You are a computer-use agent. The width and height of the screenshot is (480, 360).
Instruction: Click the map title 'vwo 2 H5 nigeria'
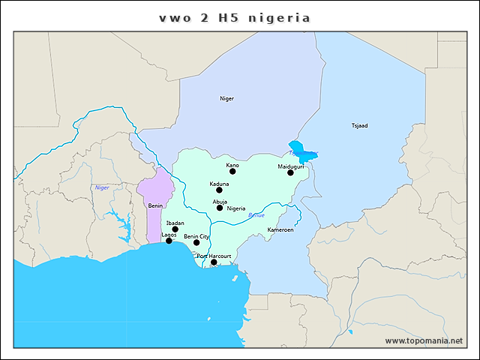click(235, 17)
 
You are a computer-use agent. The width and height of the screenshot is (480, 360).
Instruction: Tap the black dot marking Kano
click(232, 172)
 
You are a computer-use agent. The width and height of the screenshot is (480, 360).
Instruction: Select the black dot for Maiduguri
click(290, 173)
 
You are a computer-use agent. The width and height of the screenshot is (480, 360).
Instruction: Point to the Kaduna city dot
click(219, 190)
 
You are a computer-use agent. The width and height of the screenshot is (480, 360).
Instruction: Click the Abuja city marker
click(220, 208)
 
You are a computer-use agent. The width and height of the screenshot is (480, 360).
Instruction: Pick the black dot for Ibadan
click(175, 229)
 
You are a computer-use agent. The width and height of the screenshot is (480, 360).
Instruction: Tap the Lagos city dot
click(169, 241)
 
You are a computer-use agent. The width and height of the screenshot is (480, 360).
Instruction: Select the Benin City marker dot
click(196, 242)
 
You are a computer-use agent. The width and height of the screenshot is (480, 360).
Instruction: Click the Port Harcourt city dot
click(214, 262)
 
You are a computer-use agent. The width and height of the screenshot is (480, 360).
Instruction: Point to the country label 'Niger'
click(226, 98)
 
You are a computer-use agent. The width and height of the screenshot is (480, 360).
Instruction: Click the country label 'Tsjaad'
click(360, 125)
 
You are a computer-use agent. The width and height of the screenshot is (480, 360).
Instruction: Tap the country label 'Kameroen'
click(280, 229)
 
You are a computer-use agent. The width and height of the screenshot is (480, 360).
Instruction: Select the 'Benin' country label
click(155, 205)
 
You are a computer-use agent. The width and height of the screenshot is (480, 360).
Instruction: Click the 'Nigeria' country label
click(236, 208)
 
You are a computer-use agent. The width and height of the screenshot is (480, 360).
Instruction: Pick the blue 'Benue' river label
click(256, 215)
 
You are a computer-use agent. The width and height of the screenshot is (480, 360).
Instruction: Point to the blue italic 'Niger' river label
click(102, 187)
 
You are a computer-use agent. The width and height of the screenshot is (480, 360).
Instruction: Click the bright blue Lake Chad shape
click(298, 148)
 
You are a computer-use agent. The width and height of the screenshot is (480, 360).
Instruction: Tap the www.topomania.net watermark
click(424, 340)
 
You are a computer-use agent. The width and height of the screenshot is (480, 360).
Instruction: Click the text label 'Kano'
click(232, 164)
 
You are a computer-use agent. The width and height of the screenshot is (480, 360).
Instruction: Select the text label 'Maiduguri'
click(290, 166)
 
